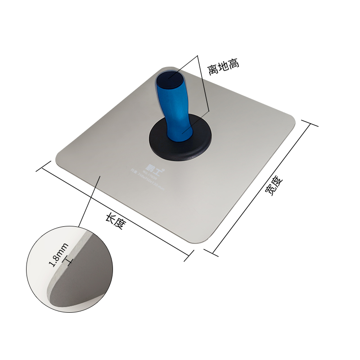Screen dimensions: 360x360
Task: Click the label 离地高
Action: coord(223,66)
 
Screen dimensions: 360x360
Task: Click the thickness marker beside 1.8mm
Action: coord(69,260)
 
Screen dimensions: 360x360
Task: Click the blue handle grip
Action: coord(178,112)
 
